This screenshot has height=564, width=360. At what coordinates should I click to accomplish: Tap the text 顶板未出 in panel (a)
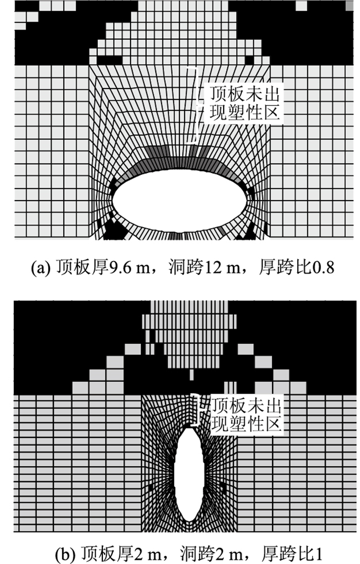click(x=245, y=95)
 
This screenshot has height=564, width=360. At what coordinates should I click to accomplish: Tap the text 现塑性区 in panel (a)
click(x=245, y=113)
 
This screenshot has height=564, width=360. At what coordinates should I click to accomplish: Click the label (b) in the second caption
click(x=65, y=554)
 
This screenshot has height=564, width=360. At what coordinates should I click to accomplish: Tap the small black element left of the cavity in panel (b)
click(x=150, y=487)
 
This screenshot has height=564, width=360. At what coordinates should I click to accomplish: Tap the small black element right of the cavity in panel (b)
click(x=223, y=486)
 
